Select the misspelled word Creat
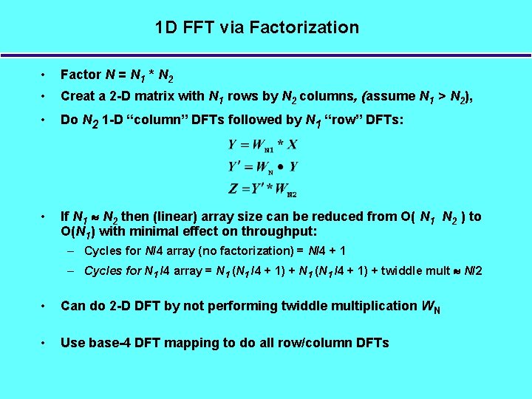tap(78, 96)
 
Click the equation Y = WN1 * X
tap(262, 145)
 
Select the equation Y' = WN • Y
tap(262, 167)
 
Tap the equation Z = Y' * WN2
tap(262, 190)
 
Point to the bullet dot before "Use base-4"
tap(46, 342)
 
